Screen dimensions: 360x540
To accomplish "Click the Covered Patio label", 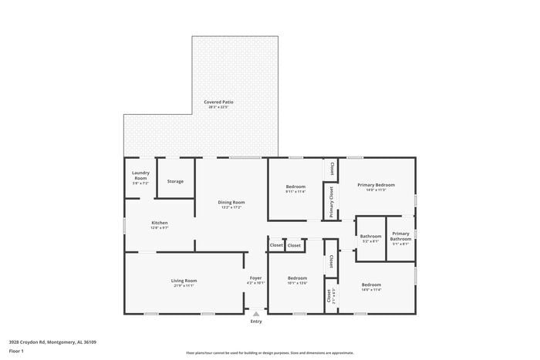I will [218, 102].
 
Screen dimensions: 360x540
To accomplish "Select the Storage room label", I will [175, 181].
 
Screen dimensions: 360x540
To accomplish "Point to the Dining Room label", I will [231, 202].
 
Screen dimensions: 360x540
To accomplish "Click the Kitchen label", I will [160, 223].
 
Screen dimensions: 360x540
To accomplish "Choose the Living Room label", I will [184, 281].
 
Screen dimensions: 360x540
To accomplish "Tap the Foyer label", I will [256, 278].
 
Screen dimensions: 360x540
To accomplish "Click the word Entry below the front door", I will [256, 321].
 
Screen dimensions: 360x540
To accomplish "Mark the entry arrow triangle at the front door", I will [256, 313].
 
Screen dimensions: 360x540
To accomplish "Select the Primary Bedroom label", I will [376, 185].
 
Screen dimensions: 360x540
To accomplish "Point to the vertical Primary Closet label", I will [332, 202].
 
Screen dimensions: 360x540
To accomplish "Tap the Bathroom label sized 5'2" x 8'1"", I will [370, 236].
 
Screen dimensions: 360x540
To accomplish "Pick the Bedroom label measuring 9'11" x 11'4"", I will [295, 187].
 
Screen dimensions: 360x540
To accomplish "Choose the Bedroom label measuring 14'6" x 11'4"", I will [371, 284].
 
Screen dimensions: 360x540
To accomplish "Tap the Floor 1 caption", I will [17, 351].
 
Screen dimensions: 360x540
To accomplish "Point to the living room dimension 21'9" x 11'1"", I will [184, 286].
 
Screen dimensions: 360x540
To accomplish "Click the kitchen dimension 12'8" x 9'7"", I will [160, 228].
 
